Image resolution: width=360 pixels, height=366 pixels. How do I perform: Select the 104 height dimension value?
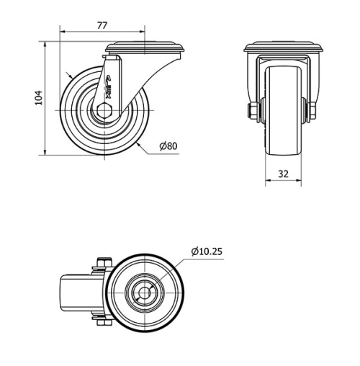[x=40, y=97]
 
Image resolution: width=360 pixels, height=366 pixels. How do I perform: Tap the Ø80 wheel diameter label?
[x=168, y=146]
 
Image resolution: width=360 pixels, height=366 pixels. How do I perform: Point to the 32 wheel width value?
[x=283, y=173]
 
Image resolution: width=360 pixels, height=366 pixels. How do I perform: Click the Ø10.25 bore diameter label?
[x=207, y=251]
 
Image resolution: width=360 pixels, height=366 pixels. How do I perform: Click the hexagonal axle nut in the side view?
[x=106, y=112]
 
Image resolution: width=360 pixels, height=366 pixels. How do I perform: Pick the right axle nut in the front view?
[x=312, y=110]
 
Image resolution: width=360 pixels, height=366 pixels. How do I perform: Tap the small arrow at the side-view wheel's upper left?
[x=67, y=74]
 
